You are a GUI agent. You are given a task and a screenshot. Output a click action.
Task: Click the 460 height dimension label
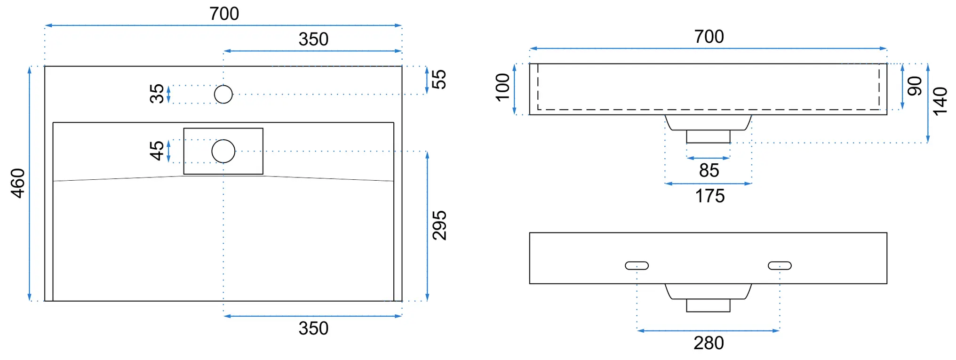pos(18,183)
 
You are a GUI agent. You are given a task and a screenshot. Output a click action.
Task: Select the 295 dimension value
pos(439,225)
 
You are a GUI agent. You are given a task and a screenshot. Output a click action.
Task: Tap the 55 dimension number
pos(438,80)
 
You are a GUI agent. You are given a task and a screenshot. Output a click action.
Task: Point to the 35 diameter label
pos(157,94)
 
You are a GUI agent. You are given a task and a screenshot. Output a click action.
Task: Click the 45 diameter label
pos(157,151)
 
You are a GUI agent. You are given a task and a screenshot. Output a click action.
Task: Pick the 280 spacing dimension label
pos(709,344)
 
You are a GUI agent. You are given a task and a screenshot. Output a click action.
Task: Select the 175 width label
pos(710,196)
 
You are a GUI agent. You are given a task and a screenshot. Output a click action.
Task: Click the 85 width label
pos(709,170)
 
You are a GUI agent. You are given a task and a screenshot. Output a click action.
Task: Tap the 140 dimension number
pos(940,101)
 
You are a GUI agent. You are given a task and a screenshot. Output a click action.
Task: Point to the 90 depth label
pos(915,86)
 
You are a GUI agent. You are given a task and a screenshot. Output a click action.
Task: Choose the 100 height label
pos(502,87)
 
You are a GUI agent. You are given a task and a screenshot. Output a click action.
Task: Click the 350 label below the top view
pos(313,328)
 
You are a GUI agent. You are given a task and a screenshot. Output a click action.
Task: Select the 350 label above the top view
pos(313,39)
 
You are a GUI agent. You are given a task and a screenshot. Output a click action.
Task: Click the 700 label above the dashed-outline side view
pos(709,37)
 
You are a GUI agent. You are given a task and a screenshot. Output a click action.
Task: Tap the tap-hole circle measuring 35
pos(223,94)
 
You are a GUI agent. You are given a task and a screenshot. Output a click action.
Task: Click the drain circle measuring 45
pos(223,151)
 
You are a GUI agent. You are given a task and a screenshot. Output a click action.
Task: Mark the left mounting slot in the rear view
pos(637,265)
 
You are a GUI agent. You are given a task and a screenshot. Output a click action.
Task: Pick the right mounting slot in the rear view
pos(780,265)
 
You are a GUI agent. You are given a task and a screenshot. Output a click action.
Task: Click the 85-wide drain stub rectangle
pos(708,136)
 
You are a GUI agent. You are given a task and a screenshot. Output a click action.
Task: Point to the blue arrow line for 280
pos(708,331)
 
